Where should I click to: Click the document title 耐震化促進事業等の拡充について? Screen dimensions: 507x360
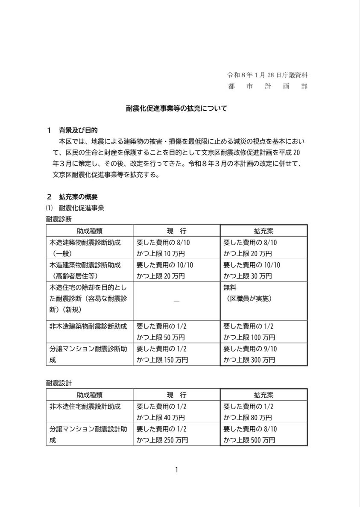[x=176, y=108]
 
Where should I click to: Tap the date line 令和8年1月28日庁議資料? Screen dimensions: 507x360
[x=267, y=75]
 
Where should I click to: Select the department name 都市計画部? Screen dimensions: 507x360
[x=267, y=86]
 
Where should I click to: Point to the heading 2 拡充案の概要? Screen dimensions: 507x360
[x=73, y=197]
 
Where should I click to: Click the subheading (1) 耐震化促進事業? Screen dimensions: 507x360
[x=75, y=208]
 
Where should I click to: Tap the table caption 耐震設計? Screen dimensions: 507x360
[x=59, y=383]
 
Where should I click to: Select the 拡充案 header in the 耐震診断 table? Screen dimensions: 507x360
[x=263, y=231]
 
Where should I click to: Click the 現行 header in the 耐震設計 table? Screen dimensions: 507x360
[x=176, y=395]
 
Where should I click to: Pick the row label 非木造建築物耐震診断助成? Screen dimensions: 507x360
[x=88, y=326]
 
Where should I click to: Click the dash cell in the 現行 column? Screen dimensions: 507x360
[x=176, y=301]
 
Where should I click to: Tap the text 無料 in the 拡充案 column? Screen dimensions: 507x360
[x=230, y=287]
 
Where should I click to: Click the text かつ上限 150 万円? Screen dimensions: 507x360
[x=162, y=360]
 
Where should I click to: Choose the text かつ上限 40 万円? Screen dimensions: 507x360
[x=161, y=418]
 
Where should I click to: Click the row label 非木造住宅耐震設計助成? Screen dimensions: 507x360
[x=85, y=407]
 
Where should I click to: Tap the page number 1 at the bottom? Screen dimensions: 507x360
[x=176, y=470]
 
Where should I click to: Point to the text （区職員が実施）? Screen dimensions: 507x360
[x=249, y=299]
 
